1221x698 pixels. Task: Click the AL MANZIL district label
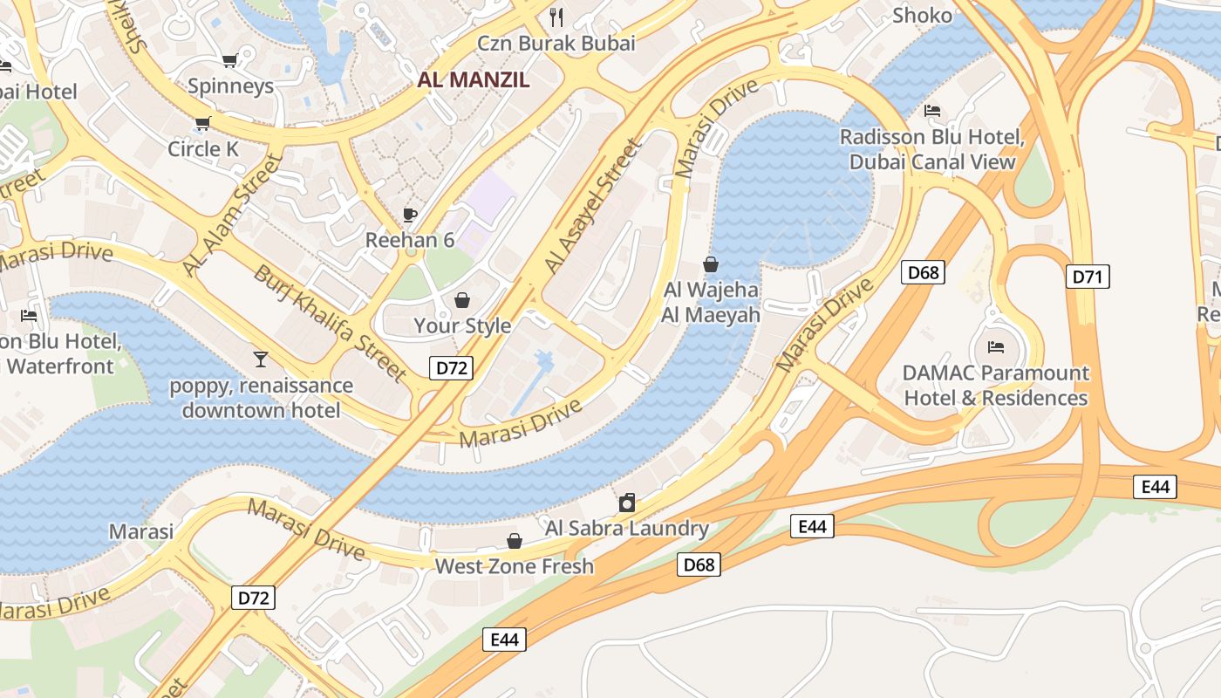click(473, 80)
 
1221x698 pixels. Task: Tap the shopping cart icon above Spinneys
click(229, 60)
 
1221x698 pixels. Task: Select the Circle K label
click(202, 149)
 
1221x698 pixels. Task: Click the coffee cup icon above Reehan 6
click(409, 215)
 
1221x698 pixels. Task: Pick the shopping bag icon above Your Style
click(461, 300)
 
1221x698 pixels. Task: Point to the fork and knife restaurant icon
click(556, 17)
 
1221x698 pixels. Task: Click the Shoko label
click(923, 16)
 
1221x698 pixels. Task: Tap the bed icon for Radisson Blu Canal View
click(931, 111)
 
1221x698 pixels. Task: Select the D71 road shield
click(1088, 277)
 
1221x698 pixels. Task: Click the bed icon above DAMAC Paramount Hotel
click(995, 347)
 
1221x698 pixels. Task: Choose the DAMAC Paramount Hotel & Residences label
click(995, 386)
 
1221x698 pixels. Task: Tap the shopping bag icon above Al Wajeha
click(711, 264)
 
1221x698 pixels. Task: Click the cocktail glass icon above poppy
click(260, 359)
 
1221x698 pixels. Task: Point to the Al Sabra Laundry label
click(626, 528)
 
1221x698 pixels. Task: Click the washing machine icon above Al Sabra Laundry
click(626, 503)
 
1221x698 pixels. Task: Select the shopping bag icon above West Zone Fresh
click(515, 541)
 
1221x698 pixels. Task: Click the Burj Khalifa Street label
click(330, 324)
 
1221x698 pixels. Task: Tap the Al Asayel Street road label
click(592, 206)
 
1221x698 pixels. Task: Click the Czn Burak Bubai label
click(556, 43)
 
